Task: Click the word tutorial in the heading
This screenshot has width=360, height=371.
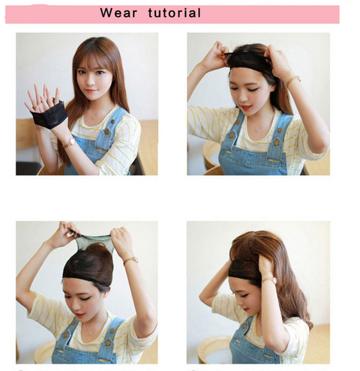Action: pos(174,13)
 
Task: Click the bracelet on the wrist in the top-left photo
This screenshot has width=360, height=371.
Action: pos(69,142)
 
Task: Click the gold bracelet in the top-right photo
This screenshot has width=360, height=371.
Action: pos(292,79)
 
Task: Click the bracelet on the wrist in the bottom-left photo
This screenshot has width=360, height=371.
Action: pos(130,260)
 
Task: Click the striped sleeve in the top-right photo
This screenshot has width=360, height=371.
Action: pos(202,124)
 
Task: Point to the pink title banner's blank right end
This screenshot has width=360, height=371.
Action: pos(300,13)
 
